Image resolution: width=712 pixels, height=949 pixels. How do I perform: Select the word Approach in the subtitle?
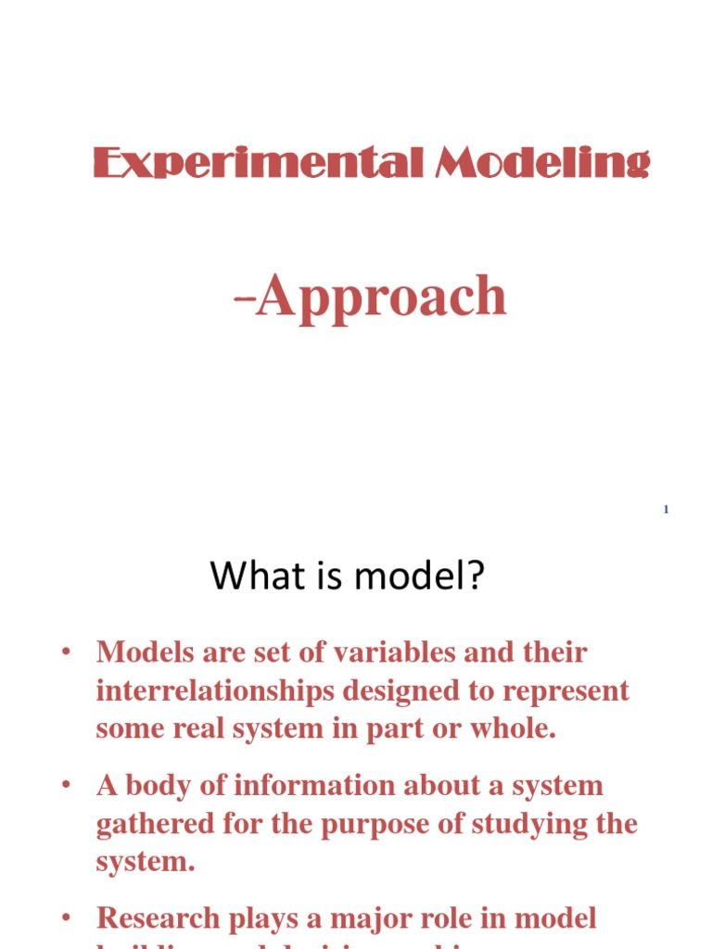click(382, 297)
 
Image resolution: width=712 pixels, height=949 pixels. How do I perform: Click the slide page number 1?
click(666, 511)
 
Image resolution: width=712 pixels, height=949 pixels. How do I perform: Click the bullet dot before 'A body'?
click(67, 785)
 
